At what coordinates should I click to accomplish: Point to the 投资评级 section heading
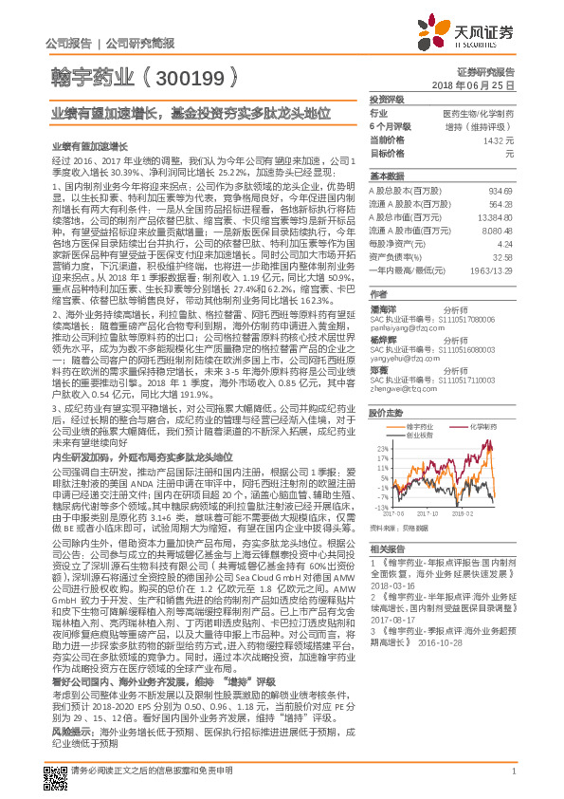coord(387,99)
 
